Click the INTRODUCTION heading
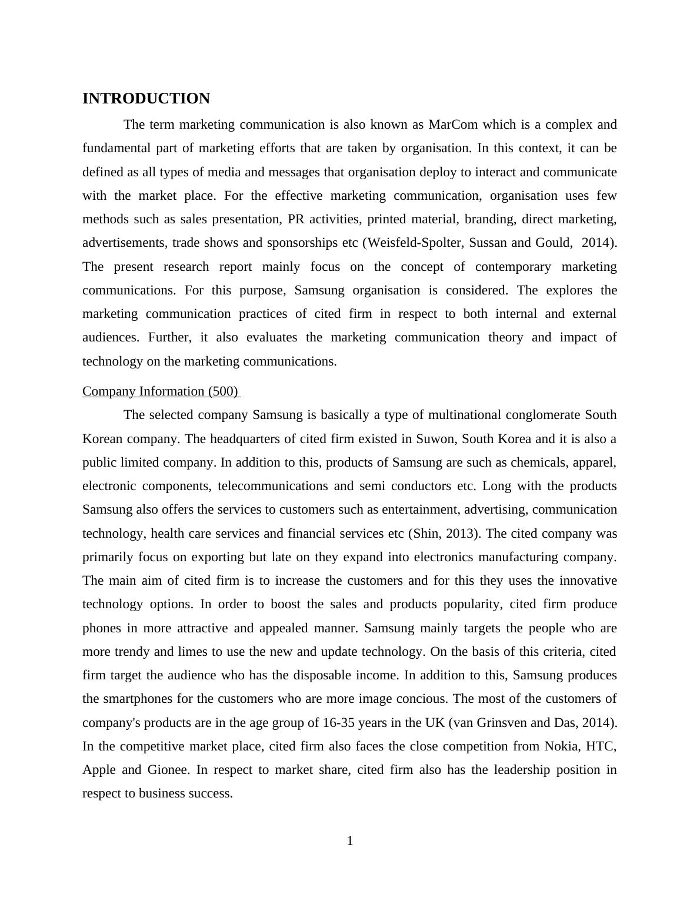tap(146, 99)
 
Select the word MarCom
tap(452, 125)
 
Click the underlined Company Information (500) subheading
tap(161, 391)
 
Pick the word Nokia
tap(561, 746)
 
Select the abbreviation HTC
tap(601, 746)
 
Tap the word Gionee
tap(169, 770)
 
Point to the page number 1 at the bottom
tap(350, 842)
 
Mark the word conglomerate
tap(541, 415)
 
